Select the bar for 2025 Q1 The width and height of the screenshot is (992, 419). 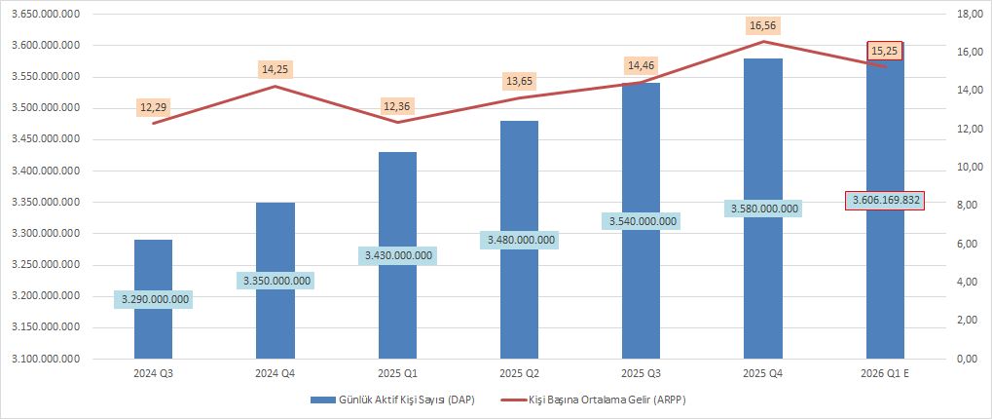click(x=396, y=205)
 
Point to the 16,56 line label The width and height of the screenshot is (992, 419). click(x=763, y=25)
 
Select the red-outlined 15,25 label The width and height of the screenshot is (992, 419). click(x=885, y=50)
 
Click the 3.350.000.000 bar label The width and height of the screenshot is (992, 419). click(x=275, y=281)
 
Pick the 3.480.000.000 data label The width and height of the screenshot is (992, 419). click(x=519, y=240)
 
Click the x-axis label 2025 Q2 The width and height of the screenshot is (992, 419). click(x=519, y=373)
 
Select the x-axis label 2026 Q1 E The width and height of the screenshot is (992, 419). click(x=885, y=373)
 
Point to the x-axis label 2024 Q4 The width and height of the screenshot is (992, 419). click(x=275, y=373)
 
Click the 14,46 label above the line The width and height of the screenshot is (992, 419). click(x=642, y=65)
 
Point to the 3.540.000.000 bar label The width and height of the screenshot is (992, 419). click(x=642, y=221)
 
